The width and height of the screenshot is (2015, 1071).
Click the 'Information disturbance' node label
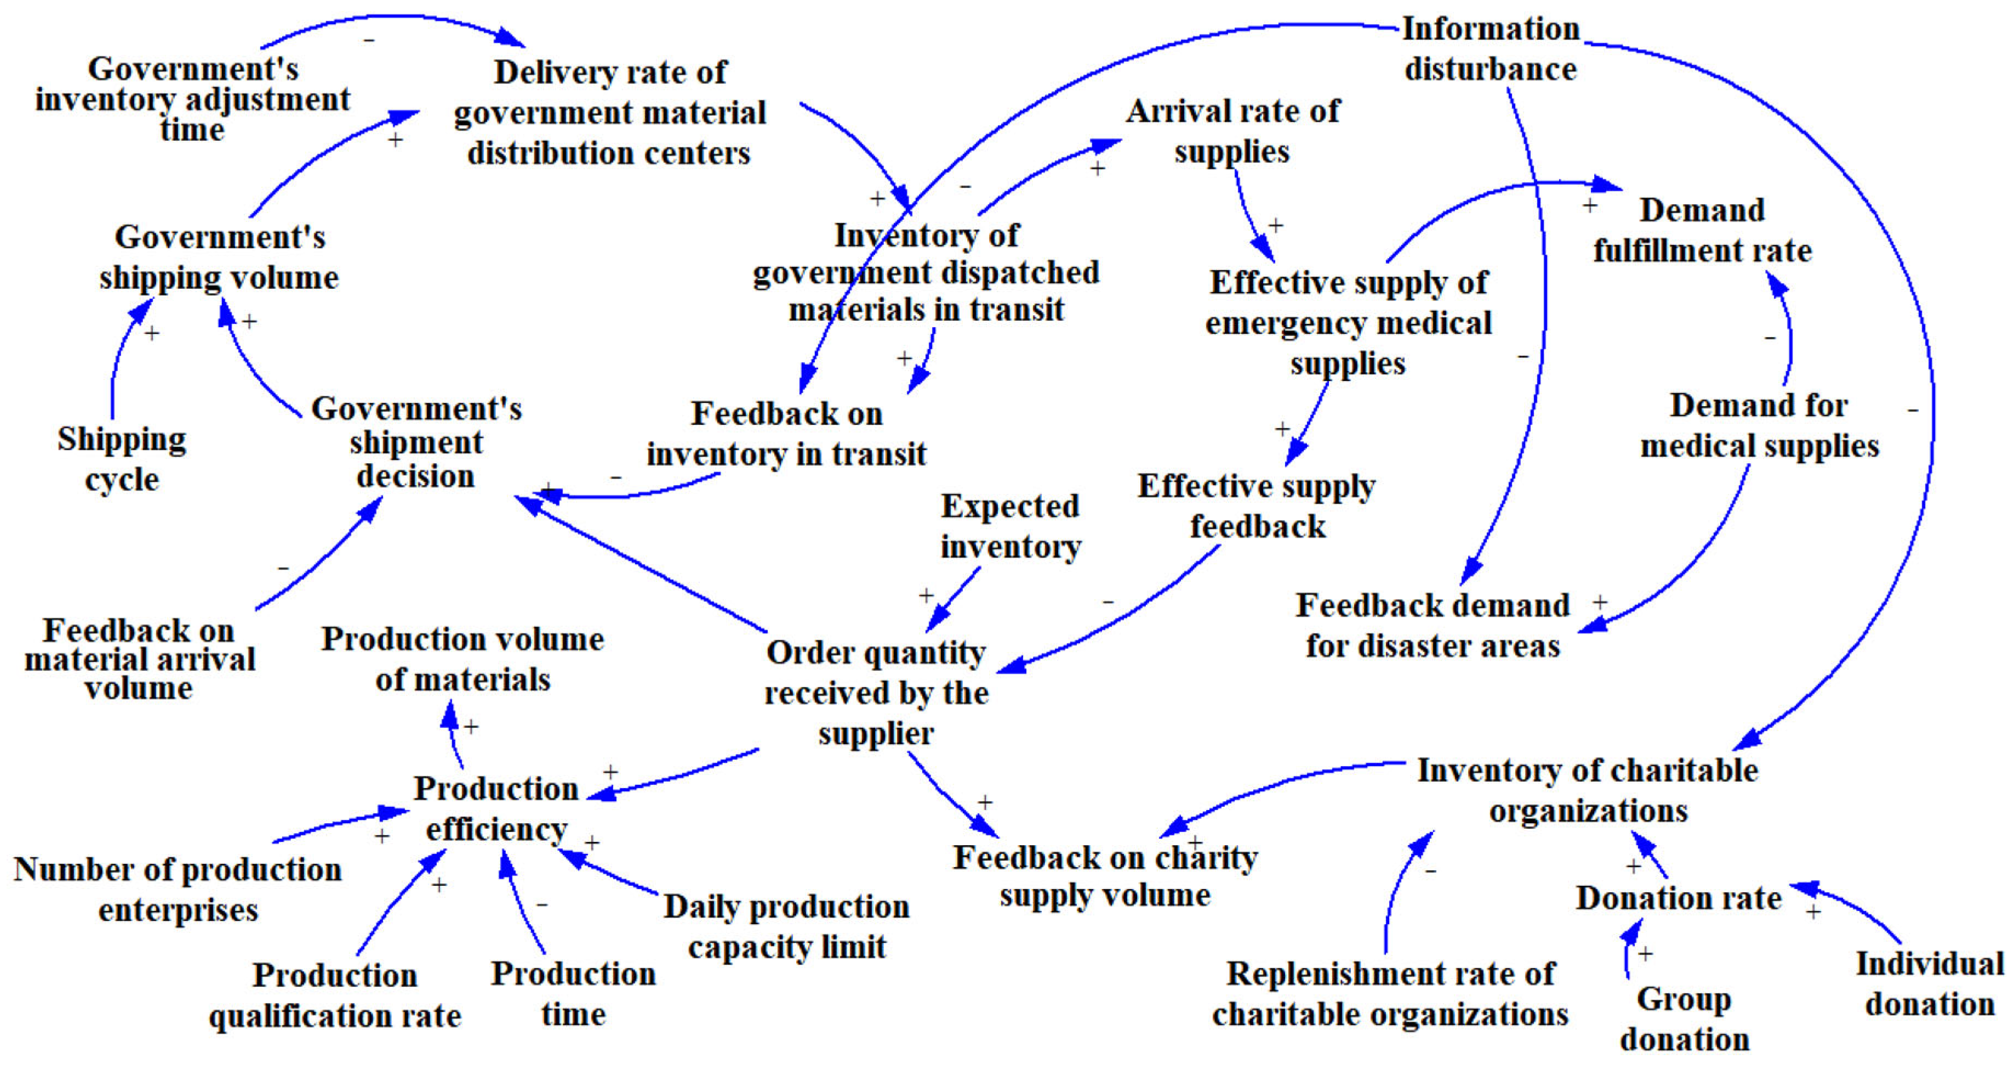1490,48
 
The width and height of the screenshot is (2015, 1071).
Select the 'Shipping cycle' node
122,459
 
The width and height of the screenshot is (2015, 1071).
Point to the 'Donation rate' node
1678,898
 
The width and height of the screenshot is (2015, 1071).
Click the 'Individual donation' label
1929,983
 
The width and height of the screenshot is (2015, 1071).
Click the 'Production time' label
573,994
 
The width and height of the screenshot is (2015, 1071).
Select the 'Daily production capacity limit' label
786,926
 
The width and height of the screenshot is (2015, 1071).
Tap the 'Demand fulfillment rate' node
1702,230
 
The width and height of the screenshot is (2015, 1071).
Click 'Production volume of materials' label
463,659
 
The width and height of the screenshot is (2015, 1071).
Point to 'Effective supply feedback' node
1256,506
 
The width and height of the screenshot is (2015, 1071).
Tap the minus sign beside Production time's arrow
542,904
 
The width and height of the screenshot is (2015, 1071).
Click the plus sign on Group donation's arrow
1646,954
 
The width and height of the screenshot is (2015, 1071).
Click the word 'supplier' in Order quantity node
876,734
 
